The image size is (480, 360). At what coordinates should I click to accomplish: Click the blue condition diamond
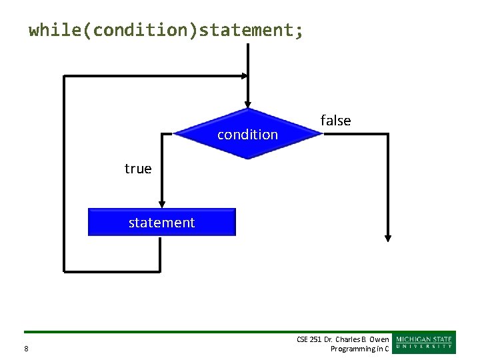(x=247, y=133)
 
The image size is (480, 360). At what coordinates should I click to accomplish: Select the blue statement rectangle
(x=162, y=222)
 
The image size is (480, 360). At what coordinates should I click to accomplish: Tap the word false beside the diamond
(x=335, y=121)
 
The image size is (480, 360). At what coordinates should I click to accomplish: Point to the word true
(x=138, y=169)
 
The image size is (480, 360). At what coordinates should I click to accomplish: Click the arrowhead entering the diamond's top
(x=248, y=103)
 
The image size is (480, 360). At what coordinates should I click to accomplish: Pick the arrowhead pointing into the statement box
(x=161, y=203)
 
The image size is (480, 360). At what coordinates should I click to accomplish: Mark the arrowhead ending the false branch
(x=387, y=237)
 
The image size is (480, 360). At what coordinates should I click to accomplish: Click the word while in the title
(x=54, y=30)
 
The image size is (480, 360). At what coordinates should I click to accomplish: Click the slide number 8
(x=26, y=349)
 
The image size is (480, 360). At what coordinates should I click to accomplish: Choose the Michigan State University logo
(x=424, y=343)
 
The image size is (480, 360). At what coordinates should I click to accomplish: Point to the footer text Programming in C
(x=359, y=349)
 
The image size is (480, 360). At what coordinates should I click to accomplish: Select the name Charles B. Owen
(x=367, y=339)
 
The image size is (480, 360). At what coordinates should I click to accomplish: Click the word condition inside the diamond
(x=247, y=135)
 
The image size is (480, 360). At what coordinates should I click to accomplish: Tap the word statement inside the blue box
(x=162, y=223)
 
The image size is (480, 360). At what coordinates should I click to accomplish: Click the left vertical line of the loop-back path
(x=64, y=173)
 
